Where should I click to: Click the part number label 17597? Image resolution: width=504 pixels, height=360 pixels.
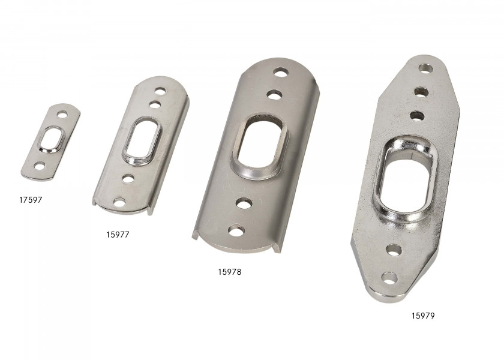pos(31,200)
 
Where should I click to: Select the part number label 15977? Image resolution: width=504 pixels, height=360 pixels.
pos(118,235)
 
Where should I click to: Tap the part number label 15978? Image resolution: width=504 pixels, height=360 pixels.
pos(229,272)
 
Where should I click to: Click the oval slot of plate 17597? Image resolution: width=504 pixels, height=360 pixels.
pos(52,139)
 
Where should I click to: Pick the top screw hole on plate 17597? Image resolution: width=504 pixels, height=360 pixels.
pos(62,114)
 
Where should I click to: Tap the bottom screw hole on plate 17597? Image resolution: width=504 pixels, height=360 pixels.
pos(40,166)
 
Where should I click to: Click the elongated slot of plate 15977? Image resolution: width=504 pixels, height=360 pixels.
pos(142,140)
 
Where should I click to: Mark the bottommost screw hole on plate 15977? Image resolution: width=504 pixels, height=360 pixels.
pos(119,202)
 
